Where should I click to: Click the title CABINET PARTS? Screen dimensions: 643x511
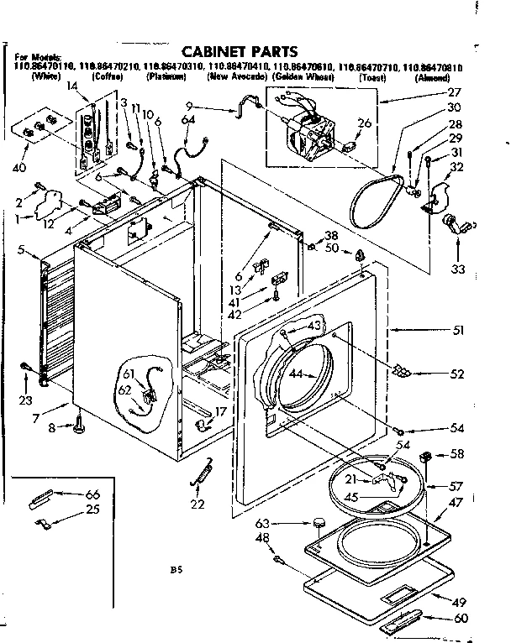click(240, 52)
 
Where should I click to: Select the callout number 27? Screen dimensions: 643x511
click(455, 92)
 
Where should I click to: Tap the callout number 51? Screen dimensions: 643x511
click(458, 330)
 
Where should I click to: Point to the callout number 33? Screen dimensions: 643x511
click(457, 269)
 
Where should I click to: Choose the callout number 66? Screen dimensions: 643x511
click(92, 494)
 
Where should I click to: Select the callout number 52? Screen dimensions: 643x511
click(458, 374)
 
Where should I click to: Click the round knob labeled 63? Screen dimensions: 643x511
click(318, 524)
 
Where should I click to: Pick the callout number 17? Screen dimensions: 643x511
click(221, 411)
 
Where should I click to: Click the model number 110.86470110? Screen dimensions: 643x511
click(40, 68)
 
